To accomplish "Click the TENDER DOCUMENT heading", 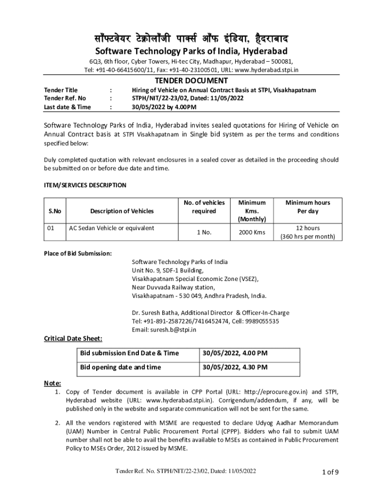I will pyautogui.click(x=191, y=81).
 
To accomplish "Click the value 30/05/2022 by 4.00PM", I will pyautogui.click(x=164, y=107).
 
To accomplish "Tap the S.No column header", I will pyautogui.click(x=54, y=211).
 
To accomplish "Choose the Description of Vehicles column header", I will pyautogui.click(x=121, y=211).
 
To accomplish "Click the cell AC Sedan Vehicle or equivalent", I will pyautogui.click(x=112, y=228).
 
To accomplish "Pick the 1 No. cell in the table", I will pyautogui.click(x=204, y=232).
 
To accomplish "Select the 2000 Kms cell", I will pyautogui.click(x=252, y=232).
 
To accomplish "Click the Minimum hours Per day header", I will pyautogui.click(x=307, y=207).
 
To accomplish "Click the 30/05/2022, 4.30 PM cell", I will pyautogui.click(x=235, y=367).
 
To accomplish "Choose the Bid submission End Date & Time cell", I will pyautogui.click(x=129, y=353).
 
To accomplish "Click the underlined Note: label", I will pyautogui.click(x=52, y=383).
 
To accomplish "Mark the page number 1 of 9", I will pyautogui.click(x=330, y=471).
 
